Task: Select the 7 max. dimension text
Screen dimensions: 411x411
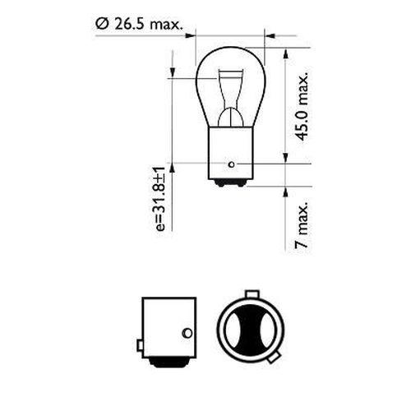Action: [302, 223]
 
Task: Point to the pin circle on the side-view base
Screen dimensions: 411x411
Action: [187, 332]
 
